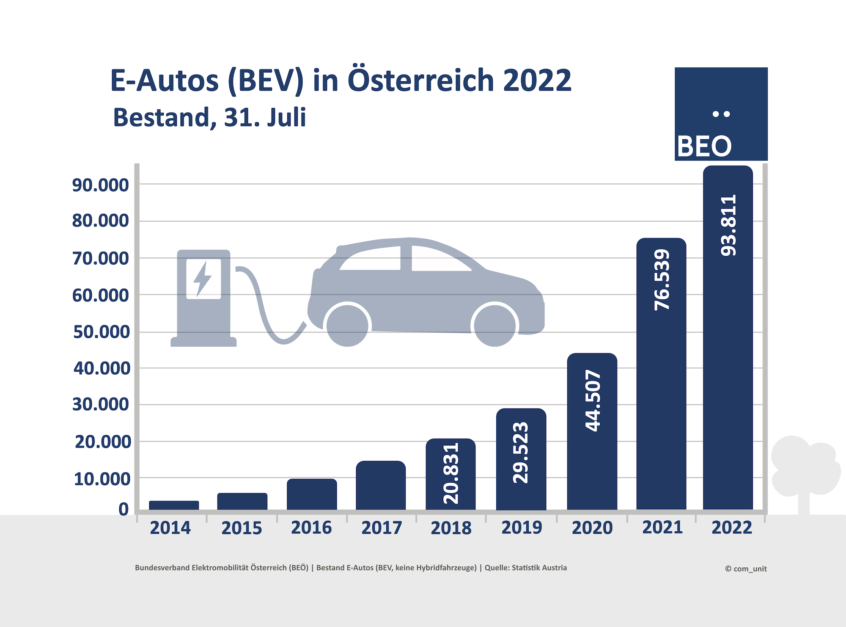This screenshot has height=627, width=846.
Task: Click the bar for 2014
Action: click(x=174, y=505)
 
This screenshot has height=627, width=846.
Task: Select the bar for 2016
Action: click(x=312, y=494)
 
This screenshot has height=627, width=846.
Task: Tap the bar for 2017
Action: click(x=381, y=485)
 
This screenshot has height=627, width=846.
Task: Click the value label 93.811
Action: click(x=728, y=225)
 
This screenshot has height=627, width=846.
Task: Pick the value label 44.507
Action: click(x=593, y=401)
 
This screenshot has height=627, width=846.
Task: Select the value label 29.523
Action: click(x=521, y=453)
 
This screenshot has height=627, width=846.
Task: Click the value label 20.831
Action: click(x=451, y=473)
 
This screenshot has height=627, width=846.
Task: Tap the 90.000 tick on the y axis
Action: click(x=100, y=185)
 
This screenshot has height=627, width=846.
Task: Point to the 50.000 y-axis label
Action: click(x=102, y=332)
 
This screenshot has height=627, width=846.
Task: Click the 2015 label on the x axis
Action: click(x=242, y=528)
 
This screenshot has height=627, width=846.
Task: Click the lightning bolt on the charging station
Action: click(x=203, y=278)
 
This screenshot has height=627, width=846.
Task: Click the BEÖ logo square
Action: click(x=721, y=114)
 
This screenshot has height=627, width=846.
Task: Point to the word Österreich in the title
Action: click(x=421, y=80)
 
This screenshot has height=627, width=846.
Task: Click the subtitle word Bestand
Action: click(x=162, y=117)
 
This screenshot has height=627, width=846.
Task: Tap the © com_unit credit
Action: click(x=746, y=569)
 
